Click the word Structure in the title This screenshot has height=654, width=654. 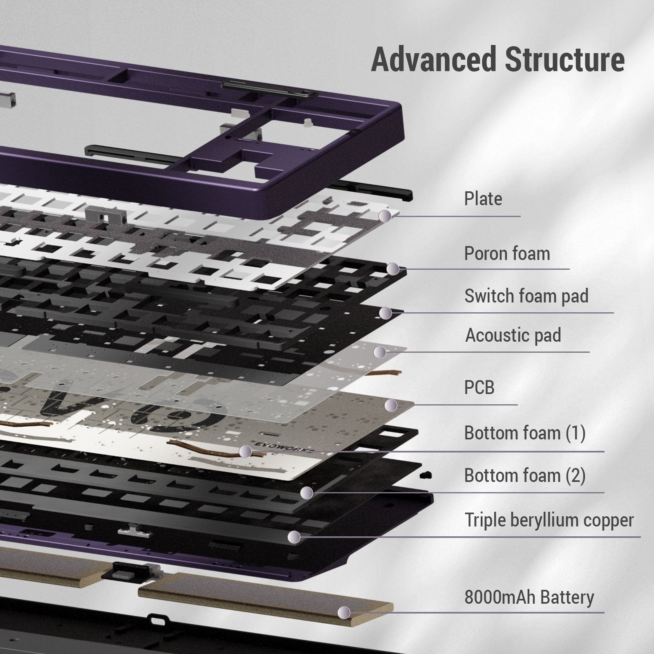tap(564, 60)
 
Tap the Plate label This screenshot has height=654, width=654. tap(483, 199)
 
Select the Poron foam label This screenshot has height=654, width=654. tap(507, 254)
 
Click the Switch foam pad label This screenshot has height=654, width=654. tap(526, 296)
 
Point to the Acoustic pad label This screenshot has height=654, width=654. tap(513, 336)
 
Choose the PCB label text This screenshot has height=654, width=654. tap(479, 387)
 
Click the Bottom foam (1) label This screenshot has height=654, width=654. tap(525, 433)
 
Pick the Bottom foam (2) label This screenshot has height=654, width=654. tap(525, 475)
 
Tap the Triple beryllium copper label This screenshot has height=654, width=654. tap(549, 520)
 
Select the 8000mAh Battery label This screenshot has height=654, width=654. tap(529, 597)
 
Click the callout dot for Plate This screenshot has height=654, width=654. tap(385, 216)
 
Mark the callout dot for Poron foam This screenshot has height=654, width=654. tap(393, 269)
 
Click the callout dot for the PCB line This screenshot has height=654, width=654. tap(391, 405)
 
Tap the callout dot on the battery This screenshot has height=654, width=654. tap(344, 612)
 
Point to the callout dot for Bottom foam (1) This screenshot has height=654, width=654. tap(245, 452)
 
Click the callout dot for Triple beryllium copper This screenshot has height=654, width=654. tap(293, 537)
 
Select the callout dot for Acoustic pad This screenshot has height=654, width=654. tap(380, 352)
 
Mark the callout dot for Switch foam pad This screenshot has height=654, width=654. tap(385, 313)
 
